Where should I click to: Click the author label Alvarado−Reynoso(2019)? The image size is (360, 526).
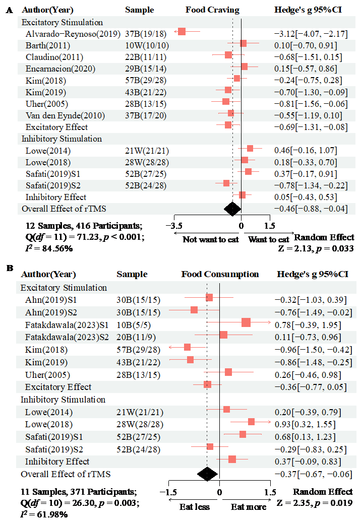coord(73,34)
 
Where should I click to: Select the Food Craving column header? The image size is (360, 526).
coord(212,10)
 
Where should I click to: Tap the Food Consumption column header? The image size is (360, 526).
coord(220,275)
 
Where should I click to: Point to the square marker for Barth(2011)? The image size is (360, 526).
coord(244,44)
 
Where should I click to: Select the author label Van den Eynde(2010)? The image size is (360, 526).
coord(65,116)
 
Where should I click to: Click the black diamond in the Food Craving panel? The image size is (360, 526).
coord(232,209)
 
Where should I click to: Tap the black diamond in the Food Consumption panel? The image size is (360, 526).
coord(207,474)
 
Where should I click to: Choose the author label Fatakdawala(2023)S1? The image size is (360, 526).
coord(67,325)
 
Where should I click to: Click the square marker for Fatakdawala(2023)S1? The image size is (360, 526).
coord(246,322)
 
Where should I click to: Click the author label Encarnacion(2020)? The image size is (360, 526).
coord(60,69)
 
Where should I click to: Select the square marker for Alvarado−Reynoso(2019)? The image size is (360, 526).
coord(182,31)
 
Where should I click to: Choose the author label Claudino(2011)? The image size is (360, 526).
coord(54,57)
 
